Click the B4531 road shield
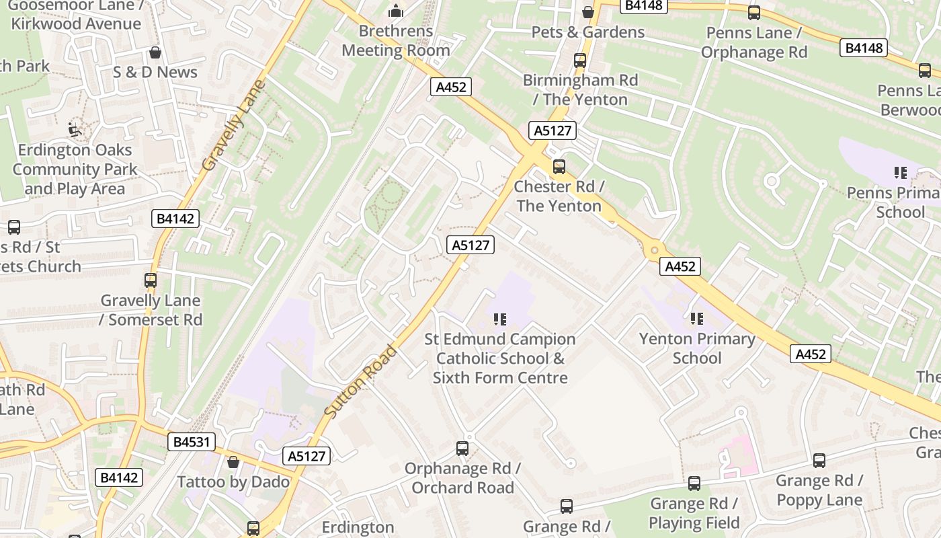click(x=192, y=442)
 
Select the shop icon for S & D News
click(x=155, y=52)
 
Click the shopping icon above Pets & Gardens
click(x=588, y=12)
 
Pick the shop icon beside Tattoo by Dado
click(x=233, y=462)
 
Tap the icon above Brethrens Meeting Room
click(x=396, y=11)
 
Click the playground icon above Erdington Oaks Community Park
click(x=75, y=129)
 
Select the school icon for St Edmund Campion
click(x=499, y=319)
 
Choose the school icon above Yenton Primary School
click(x=697, y=318)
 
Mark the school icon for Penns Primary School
click(x=901, y=173)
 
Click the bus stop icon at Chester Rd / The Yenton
click(x=559, y=166)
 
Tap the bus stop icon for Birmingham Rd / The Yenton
click(x=580, y=60)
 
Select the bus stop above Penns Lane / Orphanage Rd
click(x=754, y=12)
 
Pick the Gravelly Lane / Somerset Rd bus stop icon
click(x=151, y=280)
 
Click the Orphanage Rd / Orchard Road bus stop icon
click(x=462, y=448)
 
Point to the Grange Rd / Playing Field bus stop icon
click(x=694, y=483)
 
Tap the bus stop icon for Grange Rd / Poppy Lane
click(x=819, y=460)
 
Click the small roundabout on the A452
click(x=654, y=250)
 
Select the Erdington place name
click(x=358, y=527)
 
